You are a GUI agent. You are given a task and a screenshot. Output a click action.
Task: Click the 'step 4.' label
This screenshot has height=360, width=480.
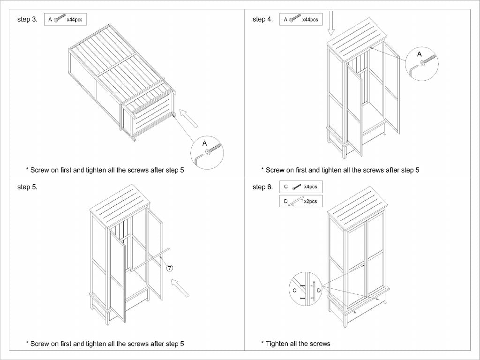pos(262,20)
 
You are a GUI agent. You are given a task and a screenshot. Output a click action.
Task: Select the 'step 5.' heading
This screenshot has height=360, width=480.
pos(27,187)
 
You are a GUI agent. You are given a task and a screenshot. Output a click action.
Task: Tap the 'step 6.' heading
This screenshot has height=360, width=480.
pos(262,187)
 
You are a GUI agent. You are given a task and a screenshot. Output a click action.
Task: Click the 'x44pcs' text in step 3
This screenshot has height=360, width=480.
pos(75,20)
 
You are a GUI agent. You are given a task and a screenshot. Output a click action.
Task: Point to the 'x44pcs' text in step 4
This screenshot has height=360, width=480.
pos(310,20)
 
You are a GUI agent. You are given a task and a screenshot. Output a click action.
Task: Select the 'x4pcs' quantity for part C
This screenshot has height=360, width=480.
pos(310,187)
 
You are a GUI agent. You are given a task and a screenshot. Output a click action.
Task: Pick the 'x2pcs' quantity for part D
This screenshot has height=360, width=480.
pos(310,202)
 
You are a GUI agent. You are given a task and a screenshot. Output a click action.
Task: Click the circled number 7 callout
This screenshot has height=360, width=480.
pos(170,268)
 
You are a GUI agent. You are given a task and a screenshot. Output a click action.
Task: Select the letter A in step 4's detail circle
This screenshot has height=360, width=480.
pos(420,54)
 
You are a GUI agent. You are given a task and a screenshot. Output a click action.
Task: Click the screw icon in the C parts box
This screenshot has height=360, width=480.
pos(296,187)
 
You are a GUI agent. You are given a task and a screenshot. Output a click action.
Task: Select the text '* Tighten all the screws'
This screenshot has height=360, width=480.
pos(295,344)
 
